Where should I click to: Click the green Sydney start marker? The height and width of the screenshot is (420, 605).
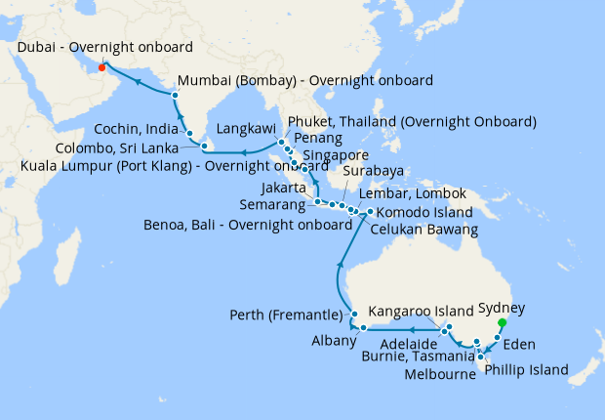503,323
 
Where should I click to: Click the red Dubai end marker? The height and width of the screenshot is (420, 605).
101,67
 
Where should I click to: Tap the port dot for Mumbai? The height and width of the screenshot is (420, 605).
175,95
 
